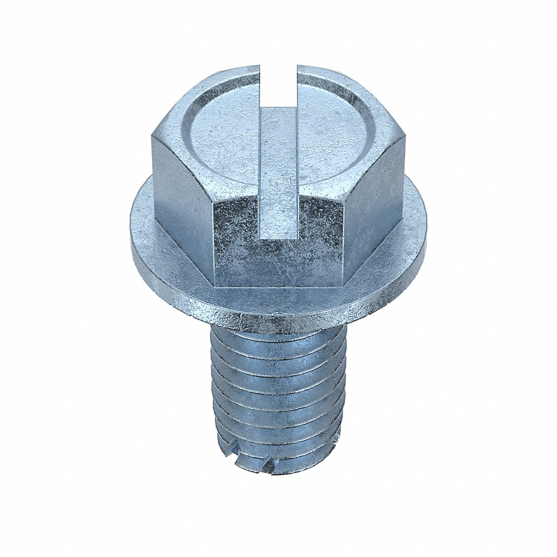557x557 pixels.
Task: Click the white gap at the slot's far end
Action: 278,84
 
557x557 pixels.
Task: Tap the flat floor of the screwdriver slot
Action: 278,167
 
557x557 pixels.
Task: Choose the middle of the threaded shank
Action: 278,395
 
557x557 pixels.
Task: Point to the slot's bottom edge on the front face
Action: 278,238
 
